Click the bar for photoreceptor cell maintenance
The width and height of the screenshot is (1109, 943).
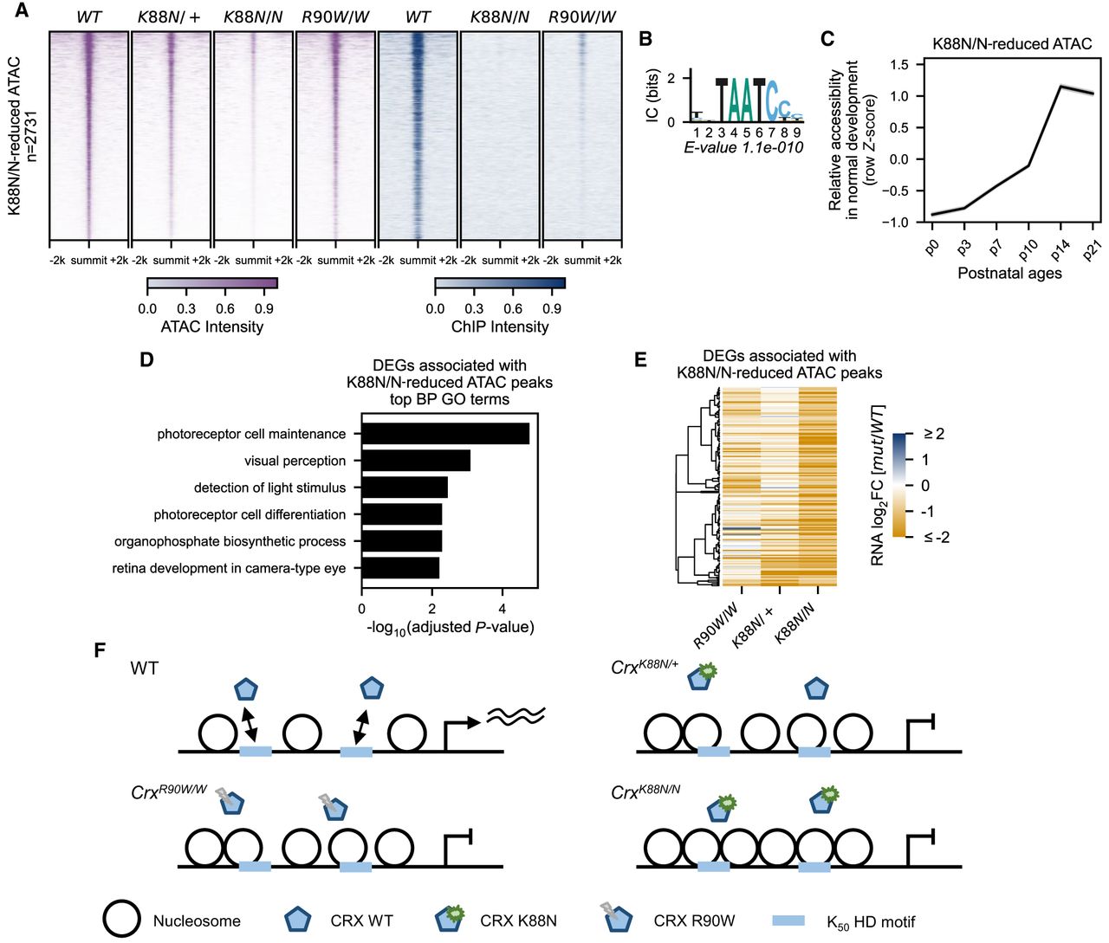click(445, 434)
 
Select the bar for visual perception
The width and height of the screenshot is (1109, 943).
click(416, 461)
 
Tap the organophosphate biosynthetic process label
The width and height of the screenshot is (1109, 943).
click(230, 541)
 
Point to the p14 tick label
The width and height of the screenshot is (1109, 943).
click(1059, 249)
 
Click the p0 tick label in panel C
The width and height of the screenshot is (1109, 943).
click(932, 248)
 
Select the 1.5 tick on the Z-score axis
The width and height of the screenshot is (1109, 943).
click(901, 64)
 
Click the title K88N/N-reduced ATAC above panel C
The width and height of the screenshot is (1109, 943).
click(1012, 44)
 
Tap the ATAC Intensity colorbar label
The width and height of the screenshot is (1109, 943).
click(212, 326)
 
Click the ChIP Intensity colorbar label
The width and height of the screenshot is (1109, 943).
click(500, 326)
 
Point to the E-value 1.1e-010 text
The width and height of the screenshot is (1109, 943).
click(743, 147)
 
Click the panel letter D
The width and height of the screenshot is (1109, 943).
click(146, 359)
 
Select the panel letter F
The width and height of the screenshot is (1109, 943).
click(100, 650)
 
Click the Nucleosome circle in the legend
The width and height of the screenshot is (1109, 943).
click(122, 920)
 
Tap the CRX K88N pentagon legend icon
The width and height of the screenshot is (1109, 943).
click(450, 920)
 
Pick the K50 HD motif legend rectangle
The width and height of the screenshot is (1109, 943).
click(788, 920)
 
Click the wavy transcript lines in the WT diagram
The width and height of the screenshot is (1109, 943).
click(516, 716)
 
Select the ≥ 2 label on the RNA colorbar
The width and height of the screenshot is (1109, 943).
click(934, 433)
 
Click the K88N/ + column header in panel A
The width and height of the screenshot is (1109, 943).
click(169, 17)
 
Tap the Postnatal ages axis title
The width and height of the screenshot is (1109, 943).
click(1009, 273)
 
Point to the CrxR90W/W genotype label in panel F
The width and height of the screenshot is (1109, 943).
click(169, 792)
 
